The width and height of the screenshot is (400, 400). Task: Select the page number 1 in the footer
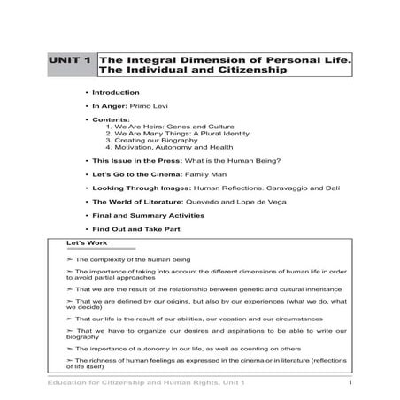[x=351, y=381]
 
